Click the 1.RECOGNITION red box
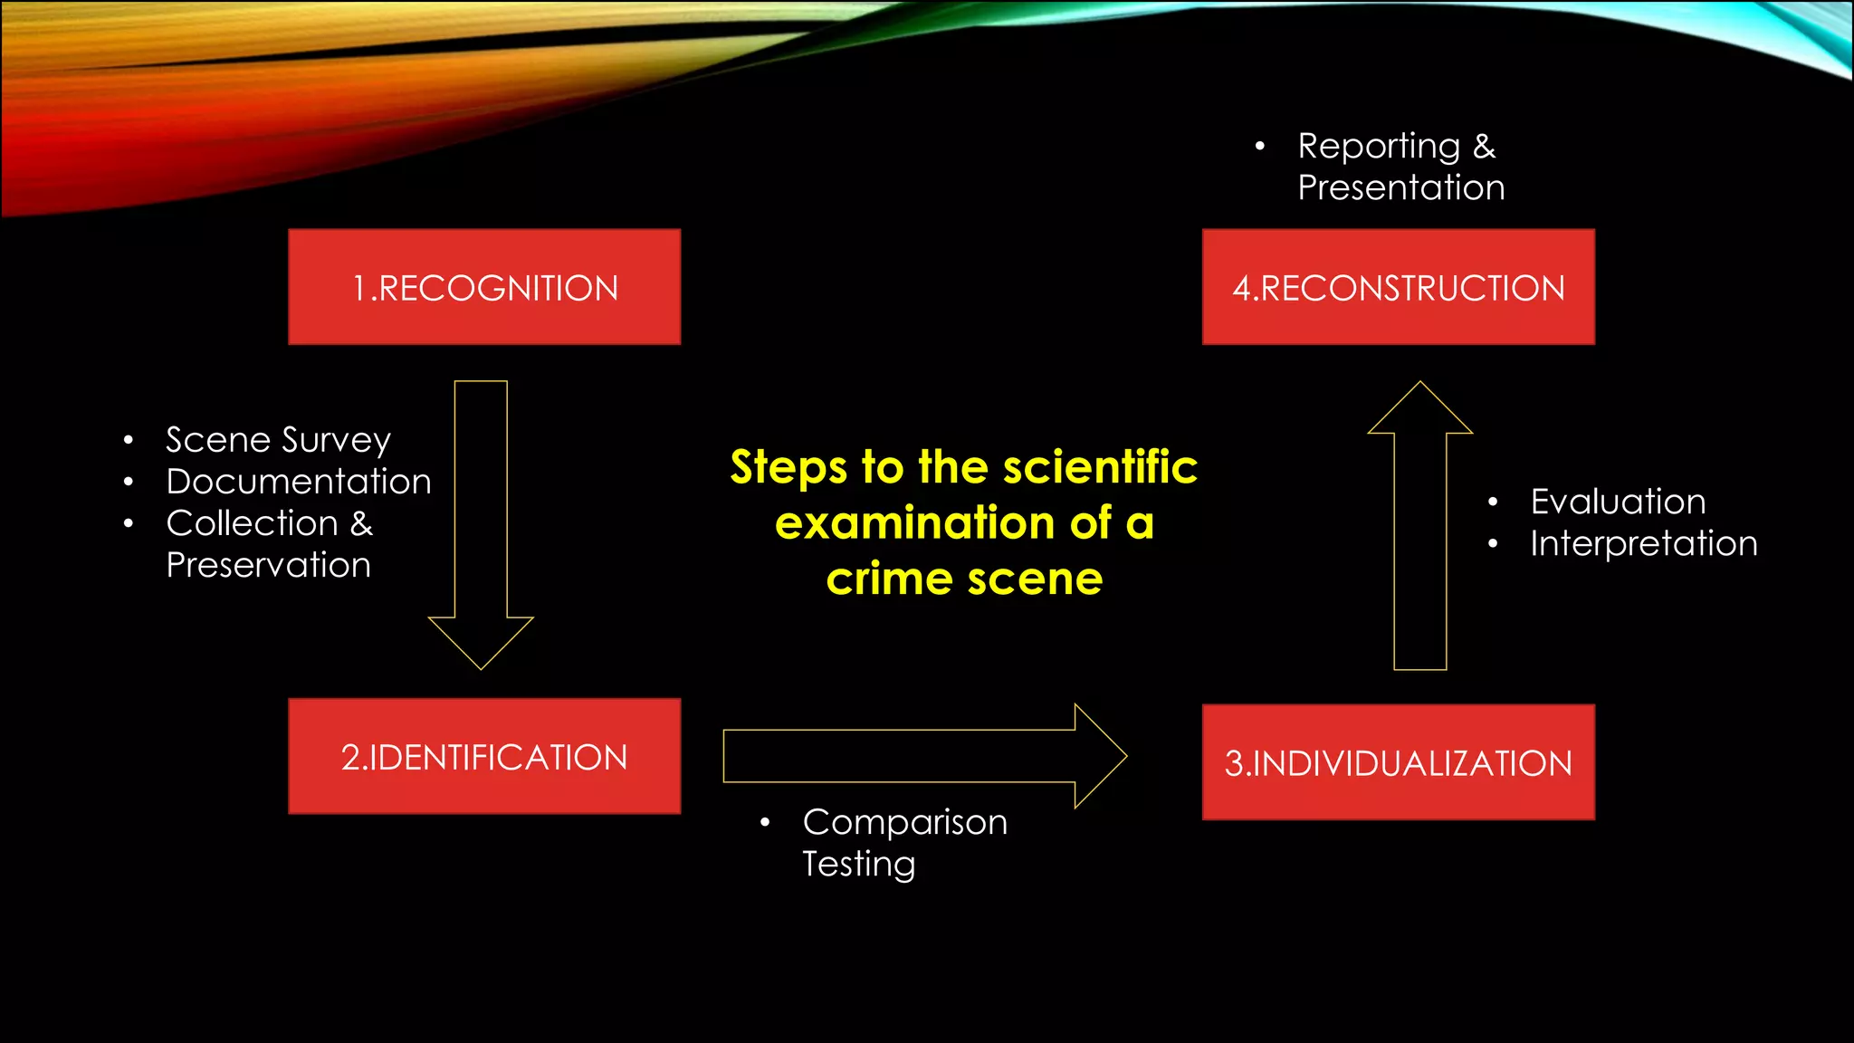point(484,287)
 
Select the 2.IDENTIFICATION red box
point(484,756)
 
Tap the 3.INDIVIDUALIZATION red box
point(1398,762)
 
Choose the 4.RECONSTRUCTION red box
point(1398,287)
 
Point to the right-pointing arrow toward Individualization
point(923,756)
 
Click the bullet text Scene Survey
point(278,440)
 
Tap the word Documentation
point(299,482)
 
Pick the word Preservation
point(269,565)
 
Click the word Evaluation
point(1618,502)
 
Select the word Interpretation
point(1643,543)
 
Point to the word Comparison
point(904,822)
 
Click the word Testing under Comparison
point(858,864)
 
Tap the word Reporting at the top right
point(1378,147)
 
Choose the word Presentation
point(1400,187)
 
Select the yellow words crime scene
point(964,579)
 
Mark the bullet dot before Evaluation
point(1493,502)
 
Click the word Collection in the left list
point(252,523)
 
